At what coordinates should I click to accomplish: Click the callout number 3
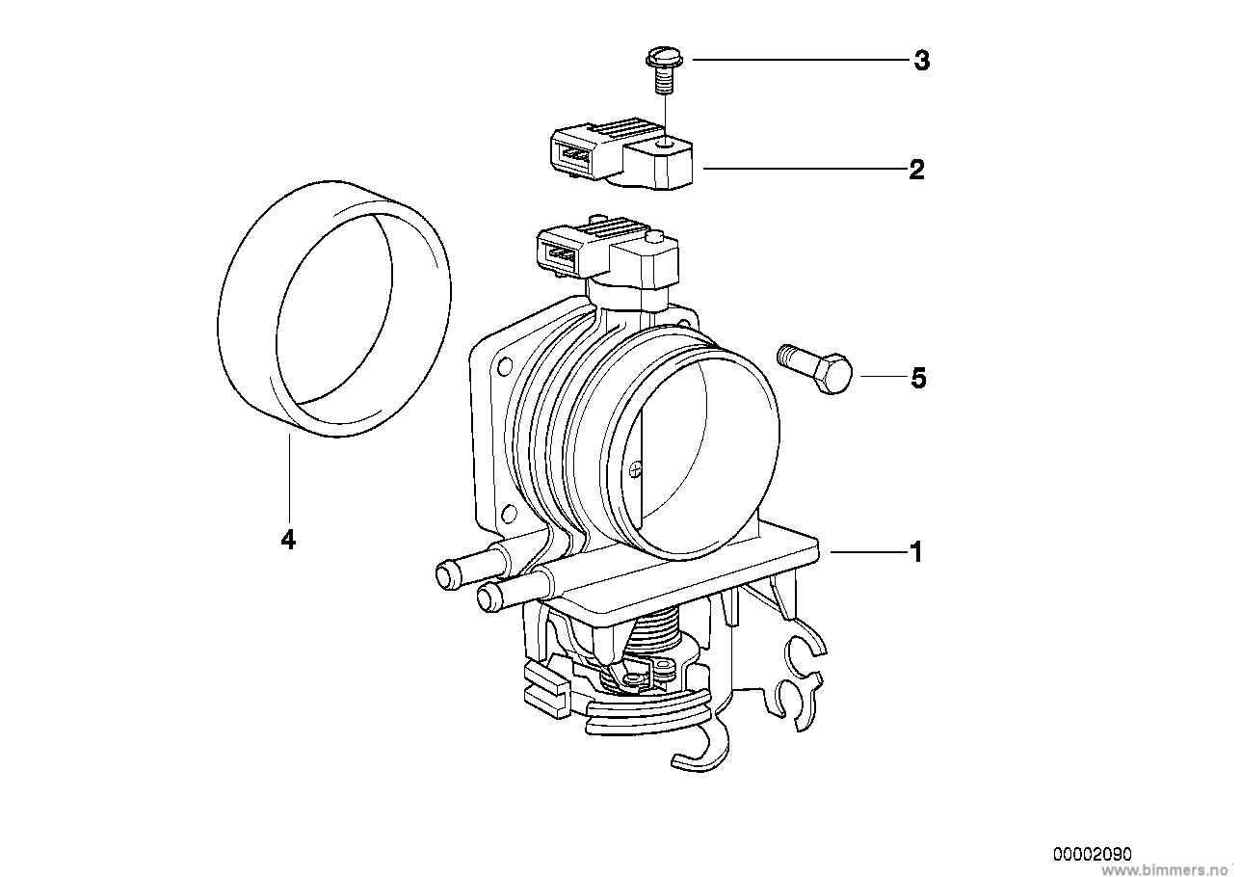click(921, 61)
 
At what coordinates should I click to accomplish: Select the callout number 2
click(917, 170)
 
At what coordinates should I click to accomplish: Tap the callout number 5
click(918, 379)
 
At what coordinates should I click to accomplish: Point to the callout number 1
click(916, 552)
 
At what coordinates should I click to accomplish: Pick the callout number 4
click(288, 539)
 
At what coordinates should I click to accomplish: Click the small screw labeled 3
click(663, 72)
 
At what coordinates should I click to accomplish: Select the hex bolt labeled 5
click(814, 368)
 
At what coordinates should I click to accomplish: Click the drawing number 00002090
click(1092, 854)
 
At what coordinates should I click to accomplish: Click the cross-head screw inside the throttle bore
click(635, 469)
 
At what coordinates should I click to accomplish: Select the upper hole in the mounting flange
click(505, 365)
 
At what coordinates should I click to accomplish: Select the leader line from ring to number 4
click(289, 478)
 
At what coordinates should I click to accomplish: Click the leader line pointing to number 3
click(800, 59)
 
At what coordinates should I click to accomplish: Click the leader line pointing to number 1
click(868, 552)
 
